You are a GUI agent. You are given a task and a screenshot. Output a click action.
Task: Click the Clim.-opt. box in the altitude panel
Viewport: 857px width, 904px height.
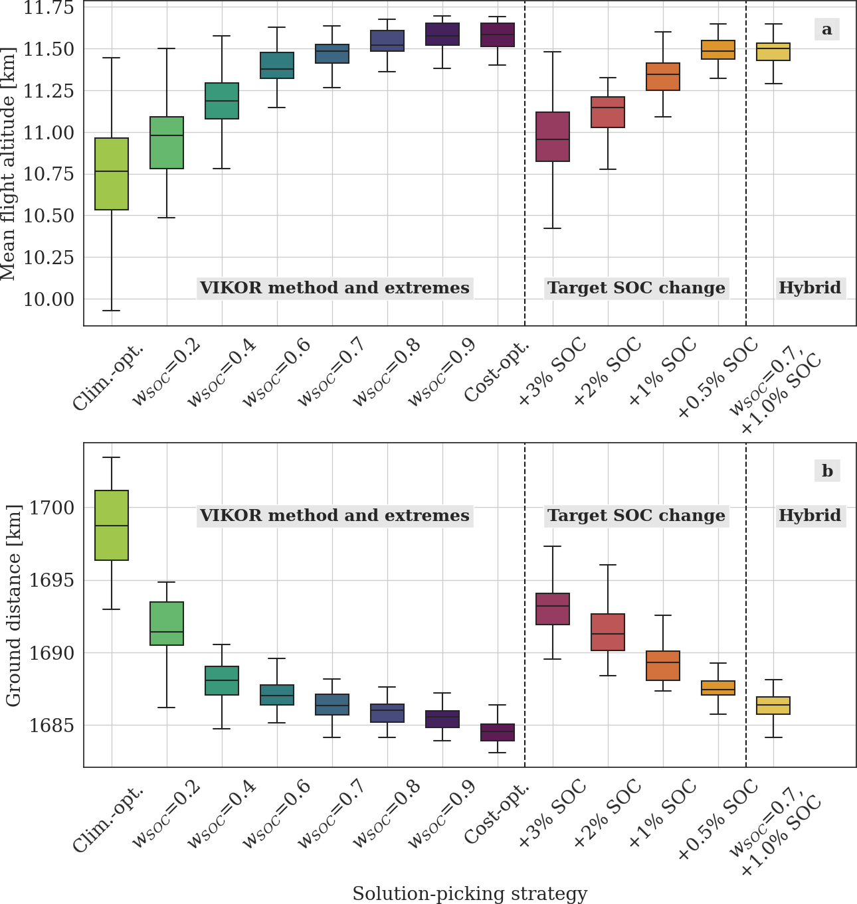click(112, 174)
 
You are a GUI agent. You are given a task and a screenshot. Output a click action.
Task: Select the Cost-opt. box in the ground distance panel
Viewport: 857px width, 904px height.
click(498, 732)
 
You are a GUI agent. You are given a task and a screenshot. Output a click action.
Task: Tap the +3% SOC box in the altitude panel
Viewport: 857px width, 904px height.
click(553, 137)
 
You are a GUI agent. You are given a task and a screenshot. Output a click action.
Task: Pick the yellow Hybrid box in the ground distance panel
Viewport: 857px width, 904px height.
click(773, 706)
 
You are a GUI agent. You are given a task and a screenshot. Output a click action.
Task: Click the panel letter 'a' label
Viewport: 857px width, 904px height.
click(826, 29)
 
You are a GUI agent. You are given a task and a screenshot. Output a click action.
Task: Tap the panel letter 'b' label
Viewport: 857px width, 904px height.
click(827, 471)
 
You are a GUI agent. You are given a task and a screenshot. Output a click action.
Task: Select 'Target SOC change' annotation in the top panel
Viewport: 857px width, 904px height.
click(636, 288)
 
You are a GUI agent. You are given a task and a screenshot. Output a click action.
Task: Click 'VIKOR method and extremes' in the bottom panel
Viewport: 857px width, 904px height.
click(335, 516)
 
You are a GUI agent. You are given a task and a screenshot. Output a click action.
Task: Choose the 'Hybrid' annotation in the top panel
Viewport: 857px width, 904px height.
click(810, 288)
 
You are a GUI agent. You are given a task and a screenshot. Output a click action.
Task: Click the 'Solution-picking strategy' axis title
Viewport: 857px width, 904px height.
click(469, 893)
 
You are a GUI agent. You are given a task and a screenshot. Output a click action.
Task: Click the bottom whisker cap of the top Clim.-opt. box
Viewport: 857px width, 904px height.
click(112, 311)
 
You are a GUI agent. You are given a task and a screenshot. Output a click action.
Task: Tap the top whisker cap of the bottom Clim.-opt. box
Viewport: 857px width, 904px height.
click(112, 457)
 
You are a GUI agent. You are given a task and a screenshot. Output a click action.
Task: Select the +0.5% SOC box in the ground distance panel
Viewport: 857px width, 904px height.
click(718, 688)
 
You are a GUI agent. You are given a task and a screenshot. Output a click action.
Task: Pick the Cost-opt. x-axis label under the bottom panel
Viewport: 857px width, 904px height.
click(498, 816)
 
